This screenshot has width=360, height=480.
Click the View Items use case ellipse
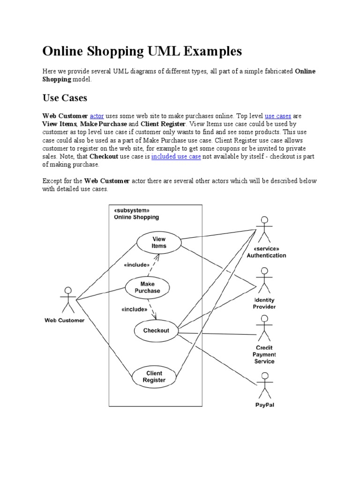tap(158, 242)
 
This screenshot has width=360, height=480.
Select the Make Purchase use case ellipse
tap(147, 287)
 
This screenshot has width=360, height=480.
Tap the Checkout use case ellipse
tap(156, 330)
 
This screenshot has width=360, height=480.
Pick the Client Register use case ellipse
tap(154, 377)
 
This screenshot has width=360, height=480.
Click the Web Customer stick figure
tap(68, 300)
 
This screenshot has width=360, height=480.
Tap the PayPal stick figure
tap(265, 385)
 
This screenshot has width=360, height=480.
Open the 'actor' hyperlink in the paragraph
tap(97, 115)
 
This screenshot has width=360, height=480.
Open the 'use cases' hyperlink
tap(278, 115)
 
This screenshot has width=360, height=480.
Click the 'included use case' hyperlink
tap(176, 157)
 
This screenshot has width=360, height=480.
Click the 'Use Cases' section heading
tap(65, 98)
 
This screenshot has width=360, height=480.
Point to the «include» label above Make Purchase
tap(136, 265)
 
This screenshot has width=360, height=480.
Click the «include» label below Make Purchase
tap(135, 309)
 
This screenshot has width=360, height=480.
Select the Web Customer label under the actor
tap(64, 321)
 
